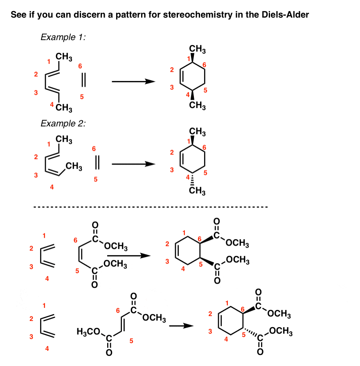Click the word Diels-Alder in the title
click(x=285, y=15)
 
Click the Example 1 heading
click(x=63, y=37)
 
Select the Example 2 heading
click(x=63, y=123)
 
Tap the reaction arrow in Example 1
click(x=133, y=81)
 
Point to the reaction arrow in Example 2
click(x=133, y=164)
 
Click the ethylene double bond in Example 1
click(x=83, y=80)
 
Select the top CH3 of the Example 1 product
click(x=197, y=49)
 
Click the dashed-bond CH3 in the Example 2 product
click(x=197, y=190)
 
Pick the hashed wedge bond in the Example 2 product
click(x=193, y=179)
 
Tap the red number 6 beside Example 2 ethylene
click(x=94, y=149)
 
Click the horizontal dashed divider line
click(x=151, y=207)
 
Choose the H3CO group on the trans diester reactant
click(x=88, y=332)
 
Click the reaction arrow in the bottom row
click(x=181, y=325)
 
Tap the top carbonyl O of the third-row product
click(x=216, y=221)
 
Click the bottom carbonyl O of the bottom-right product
click(x=260, y=352)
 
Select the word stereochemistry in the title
click(x=198, y=15)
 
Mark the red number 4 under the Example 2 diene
click(x=52, y=187)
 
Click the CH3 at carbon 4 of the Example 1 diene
click(x=64, y=108)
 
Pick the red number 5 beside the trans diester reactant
click(x=131, y=341)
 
